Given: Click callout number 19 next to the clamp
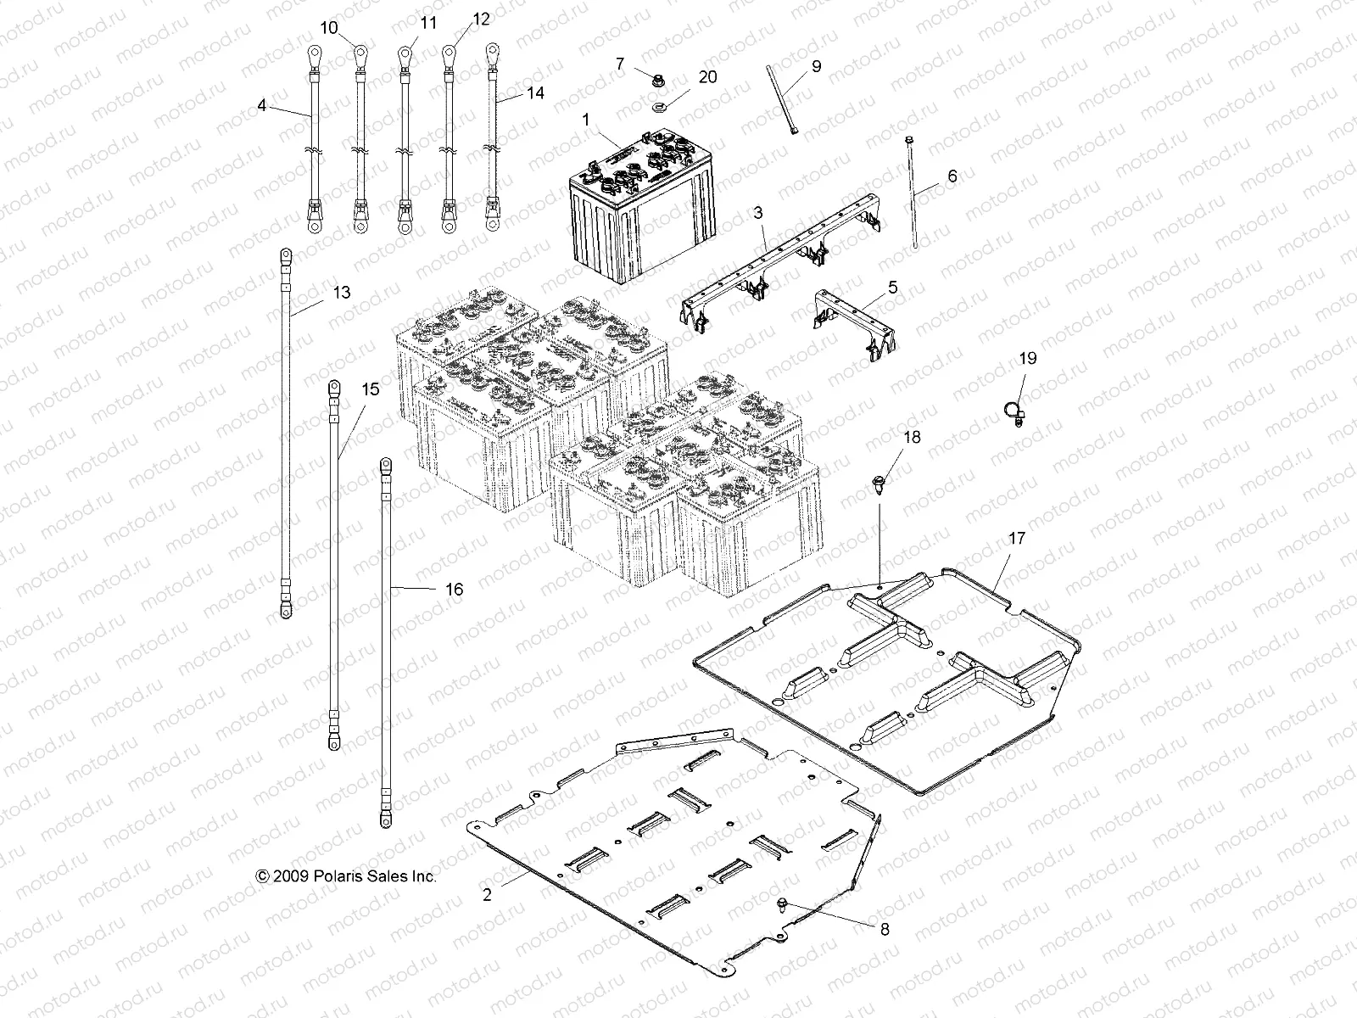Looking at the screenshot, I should pos(1027,359).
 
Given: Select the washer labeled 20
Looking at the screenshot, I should pos(659,107).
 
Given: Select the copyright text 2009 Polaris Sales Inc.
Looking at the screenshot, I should pos(346,876).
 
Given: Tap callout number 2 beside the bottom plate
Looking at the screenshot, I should pos(486,894).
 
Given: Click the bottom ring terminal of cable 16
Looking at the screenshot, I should pos(386,818).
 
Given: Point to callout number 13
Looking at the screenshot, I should pos(341,293).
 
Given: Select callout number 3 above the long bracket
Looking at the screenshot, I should pos(758,210).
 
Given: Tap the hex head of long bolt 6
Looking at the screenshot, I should pos(909,139).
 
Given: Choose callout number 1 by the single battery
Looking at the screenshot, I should pos(585,120).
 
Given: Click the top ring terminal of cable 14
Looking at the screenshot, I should pos(491,53).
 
